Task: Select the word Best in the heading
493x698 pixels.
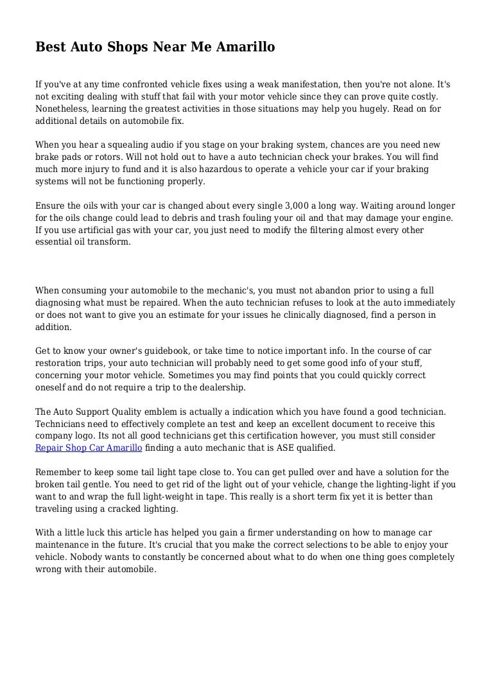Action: pyautogui.click(x=50, y=47)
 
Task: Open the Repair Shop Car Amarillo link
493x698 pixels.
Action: pyautogui.click(x=88, y=448)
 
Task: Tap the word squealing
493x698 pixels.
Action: pyautogui.click(x=119, y=145)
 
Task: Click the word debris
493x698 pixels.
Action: pyautogui.click(x=177, y=218)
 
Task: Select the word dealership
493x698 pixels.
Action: pyautogui.click(x=218, y=387)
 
